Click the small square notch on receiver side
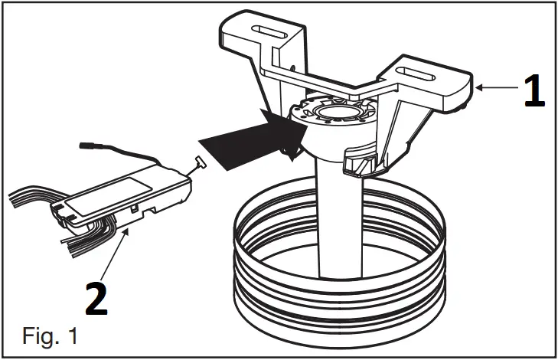click(134, 208)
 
